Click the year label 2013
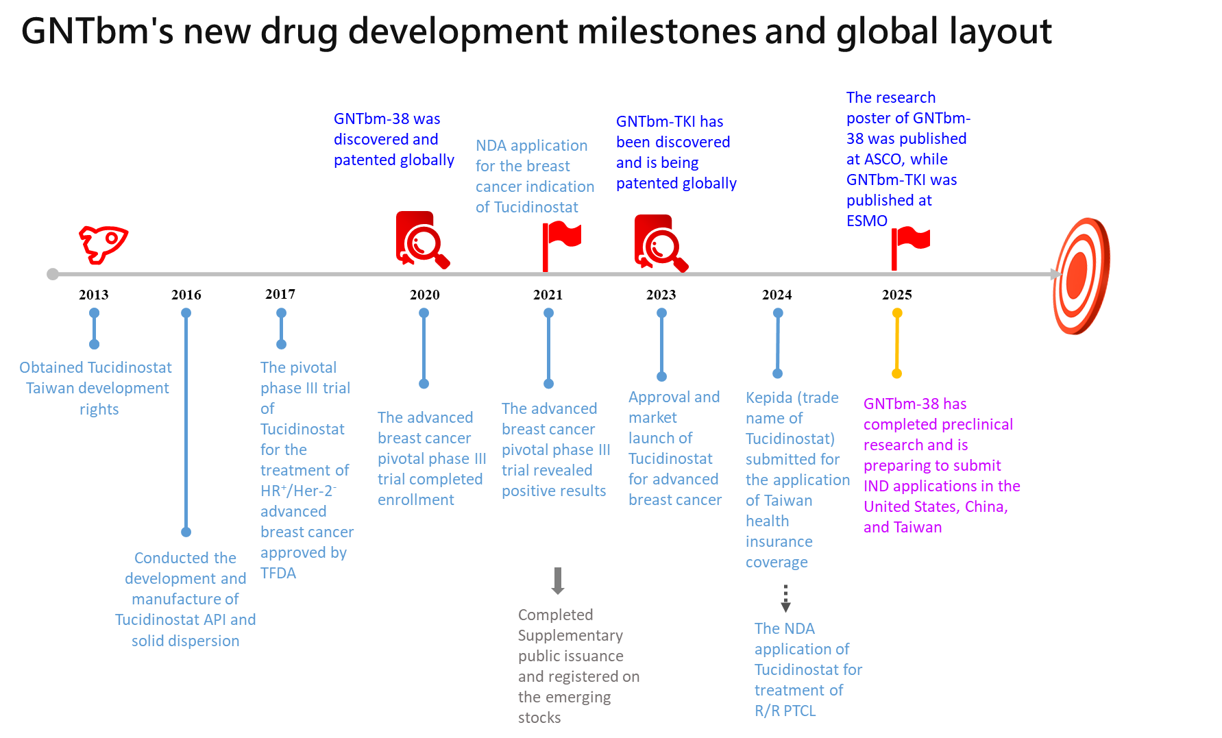93,295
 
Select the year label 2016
186,295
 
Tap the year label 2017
280,294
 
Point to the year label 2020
425,295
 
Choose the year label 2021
548,295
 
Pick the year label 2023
661,295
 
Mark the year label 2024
777,295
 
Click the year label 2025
896,295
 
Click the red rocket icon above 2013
103,243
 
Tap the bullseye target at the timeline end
1081,275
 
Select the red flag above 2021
560,243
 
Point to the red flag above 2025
909,247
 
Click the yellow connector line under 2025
896,343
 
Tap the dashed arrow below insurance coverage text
785,599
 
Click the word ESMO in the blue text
866,221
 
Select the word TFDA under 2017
278,573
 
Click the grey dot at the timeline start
53,274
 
